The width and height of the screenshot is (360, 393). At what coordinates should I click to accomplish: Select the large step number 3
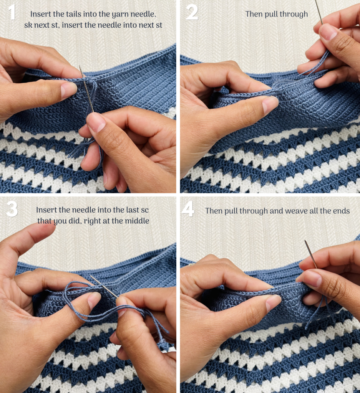[x=12, y=209]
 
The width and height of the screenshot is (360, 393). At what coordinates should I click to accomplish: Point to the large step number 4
[x=188, y=209]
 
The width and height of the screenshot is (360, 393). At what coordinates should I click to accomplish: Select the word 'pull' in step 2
[x=271, y=14]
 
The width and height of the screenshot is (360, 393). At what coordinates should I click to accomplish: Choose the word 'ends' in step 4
[x=341, y=211]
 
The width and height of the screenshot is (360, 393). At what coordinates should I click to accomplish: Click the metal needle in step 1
[x=86, y=89]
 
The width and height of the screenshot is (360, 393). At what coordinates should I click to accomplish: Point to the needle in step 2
[x=319, y=12]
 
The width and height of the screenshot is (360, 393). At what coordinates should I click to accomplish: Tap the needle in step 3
[x=104, y=287]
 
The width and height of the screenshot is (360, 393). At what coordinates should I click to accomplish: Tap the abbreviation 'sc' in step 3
[x=144, y=210]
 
